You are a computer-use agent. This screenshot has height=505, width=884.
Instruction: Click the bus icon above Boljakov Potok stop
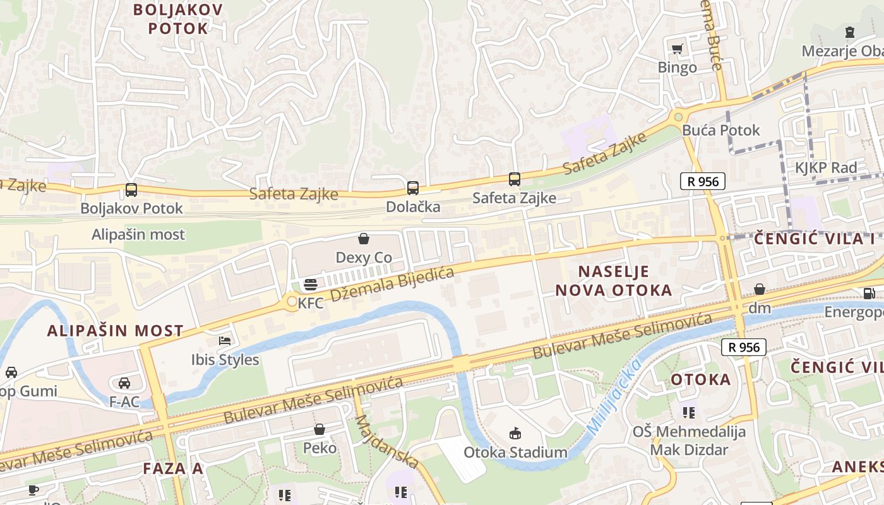[131, 189]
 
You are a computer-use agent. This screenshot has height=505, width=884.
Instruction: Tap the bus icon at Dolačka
[412, 187]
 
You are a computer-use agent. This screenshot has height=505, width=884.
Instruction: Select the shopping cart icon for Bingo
[678, 49]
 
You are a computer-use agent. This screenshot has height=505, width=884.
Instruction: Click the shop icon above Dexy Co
[364, 239]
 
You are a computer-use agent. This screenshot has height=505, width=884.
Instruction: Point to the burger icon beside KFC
[310, 285]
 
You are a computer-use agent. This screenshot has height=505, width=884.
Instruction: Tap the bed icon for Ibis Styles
[225, 341]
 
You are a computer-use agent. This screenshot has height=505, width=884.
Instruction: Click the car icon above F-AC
[124, 383]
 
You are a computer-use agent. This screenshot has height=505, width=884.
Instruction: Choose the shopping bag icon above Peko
[320, 429]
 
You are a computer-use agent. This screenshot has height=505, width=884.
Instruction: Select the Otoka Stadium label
[515, 453]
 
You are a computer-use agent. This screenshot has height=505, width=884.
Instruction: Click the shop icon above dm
[760, 289]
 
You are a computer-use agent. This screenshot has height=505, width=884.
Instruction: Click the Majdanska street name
[386, 442]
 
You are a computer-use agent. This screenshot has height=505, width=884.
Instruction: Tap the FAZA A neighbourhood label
[173, 468]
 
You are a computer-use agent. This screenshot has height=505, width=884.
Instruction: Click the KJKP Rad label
[826, 168]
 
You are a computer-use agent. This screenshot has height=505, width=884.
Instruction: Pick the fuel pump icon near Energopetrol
[869, 293]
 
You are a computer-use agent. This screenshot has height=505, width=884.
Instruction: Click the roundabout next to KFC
[291, 302]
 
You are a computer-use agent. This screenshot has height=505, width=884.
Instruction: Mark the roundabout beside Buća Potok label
[679, 116]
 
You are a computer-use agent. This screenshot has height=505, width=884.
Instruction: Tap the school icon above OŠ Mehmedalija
[689, 413]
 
